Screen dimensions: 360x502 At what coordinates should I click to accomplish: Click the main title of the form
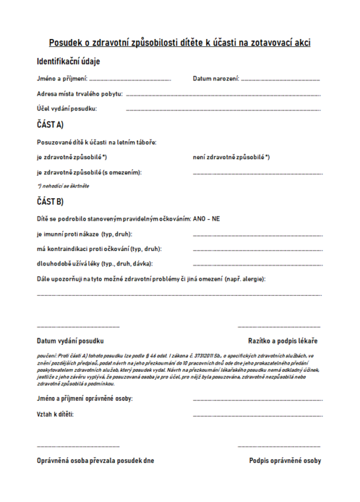point(180,43)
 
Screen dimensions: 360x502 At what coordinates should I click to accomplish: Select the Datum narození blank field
point(281,80)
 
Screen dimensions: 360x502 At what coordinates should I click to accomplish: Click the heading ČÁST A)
point(50,124)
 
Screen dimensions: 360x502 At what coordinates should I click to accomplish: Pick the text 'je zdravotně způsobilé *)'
point(72,157)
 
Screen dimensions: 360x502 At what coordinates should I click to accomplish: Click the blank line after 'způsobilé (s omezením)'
point(258,173)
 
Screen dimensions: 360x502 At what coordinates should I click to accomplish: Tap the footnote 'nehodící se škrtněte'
point(63,186)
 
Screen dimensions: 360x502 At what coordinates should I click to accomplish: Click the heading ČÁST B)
point(50,202)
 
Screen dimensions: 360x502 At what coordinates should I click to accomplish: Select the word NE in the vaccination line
point(215,219)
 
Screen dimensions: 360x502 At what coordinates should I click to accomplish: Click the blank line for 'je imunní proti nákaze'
point(258,234)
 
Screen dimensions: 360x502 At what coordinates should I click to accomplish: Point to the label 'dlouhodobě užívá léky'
point(86,264)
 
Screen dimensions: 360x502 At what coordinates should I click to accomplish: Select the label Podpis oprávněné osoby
point(285,460)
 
